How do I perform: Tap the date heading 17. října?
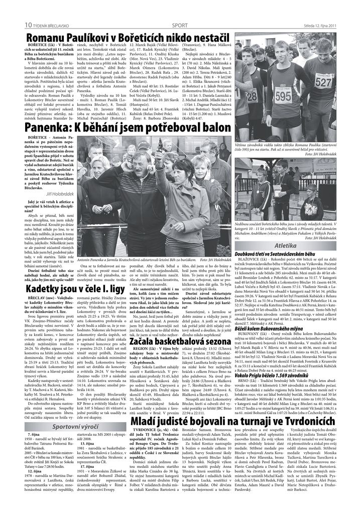click(87, 466)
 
